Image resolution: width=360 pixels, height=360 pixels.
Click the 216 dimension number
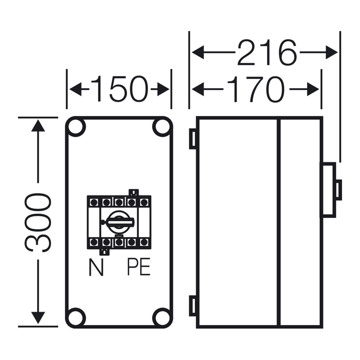(267, 53)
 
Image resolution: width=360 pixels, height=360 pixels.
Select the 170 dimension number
(256, 89)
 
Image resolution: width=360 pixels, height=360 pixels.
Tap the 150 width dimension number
(119, 89)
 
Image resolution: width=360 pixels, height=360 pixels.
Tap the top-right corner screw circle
(162, 127)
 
